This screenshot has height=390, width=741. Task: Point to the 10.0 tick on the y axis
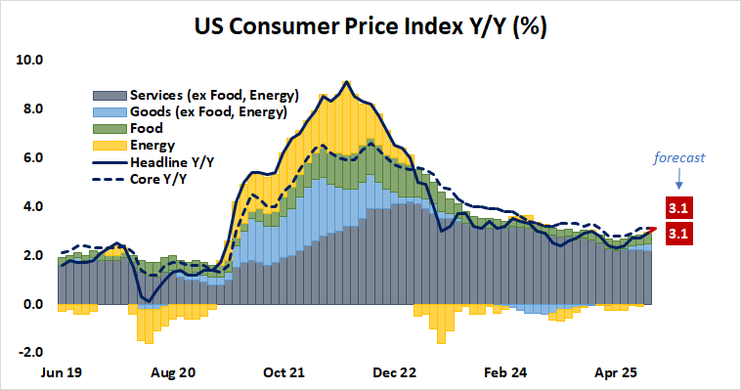coord(30,60)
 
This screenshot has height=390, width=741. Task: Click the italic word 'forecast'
coord(679,156)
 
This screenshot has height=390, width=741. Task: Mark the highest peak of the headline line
coord(346,82)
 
